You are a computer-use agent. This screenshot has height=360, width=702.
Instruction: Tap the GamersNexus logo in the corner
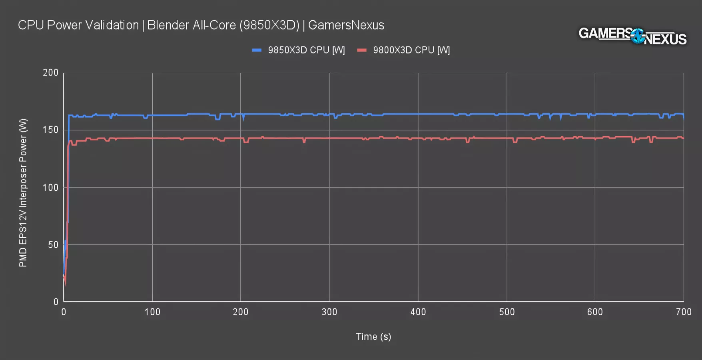pyautogui.click(x=632, y=36)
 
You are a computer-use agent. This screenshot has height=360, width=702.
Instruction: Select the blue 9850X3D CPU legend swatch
pyautogui.click(x=257, y=50)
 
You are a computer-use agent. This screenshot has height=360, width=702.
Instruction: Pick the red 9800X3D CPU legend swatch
pyautogui.click(x=362, y=50)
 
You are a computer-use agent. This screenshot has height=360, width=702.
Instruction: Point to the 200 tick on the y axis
pyautogui.click(x=51, y=73)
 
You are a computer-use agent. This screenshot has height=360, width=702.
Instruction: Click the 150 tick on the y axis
pyautogui.click(x=51, y=130)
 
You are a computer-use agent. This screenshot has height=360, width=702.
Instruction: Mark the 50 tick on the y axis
pyautogui.click(x=53, y=245)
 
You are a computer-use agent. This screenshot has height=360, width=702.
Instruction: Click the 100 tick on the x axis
pyautogui.click(x=152, y=312)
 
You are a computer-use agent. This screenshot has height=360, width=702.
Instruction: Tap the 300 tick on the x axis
pyautogui.click(x=329, y=312)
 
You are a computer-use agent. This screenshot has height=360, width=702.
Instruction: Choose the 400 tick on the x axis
pyautogui.click(x=418, y=312)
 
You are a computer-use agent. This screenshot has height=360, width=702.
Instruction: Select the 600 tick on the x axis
pyautogui.click(x=595, y=312)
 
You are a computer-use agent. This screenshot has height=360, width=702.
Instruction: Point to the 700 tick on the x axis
pyautogui.click(x=684, y=312)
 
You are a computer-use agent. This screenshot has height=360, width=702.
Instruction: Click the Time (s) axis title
pyautogui.click(x=373, y=337)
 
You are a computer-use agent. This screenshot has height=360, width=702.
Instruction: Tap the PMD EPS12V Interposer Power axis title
pyautogui.click(x=23, y=193)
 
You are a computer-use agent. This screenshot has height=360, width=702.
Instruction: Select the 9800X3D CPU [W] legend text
pyautogui.click(x=411, y=50)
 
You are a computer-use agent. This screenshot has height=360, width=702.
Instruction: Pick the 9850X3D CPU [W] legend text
pyautogui.click(x=306, y=50)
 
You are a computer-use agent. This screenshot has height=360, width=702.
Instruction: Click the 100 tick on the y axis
pyautogui.click(x=51, y=188)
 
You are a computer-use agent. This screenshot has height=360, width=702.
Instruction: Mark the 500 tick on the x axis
pyautogui.click(x=507, y=312)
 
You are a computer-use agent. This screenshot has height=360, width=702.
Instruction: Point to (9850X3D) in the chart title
pyautogui.click(x=269, y=25)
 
